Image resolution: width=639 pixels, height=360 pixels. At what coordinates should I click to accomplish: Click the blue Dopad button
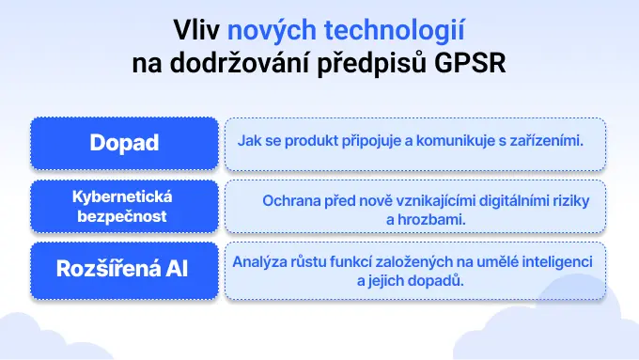click(x=124, y=143)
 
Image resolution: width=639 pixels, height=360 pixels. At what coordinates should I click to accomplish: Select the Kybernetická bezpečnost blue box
click(x=124, y=206)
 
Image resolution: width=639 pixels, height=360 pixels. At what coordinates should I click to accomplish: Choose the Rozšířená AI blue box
click(x=124, y=269)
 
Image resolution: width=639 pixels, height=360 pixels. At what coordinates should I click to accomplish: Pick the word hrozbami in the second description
click(x=434, y=218)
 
